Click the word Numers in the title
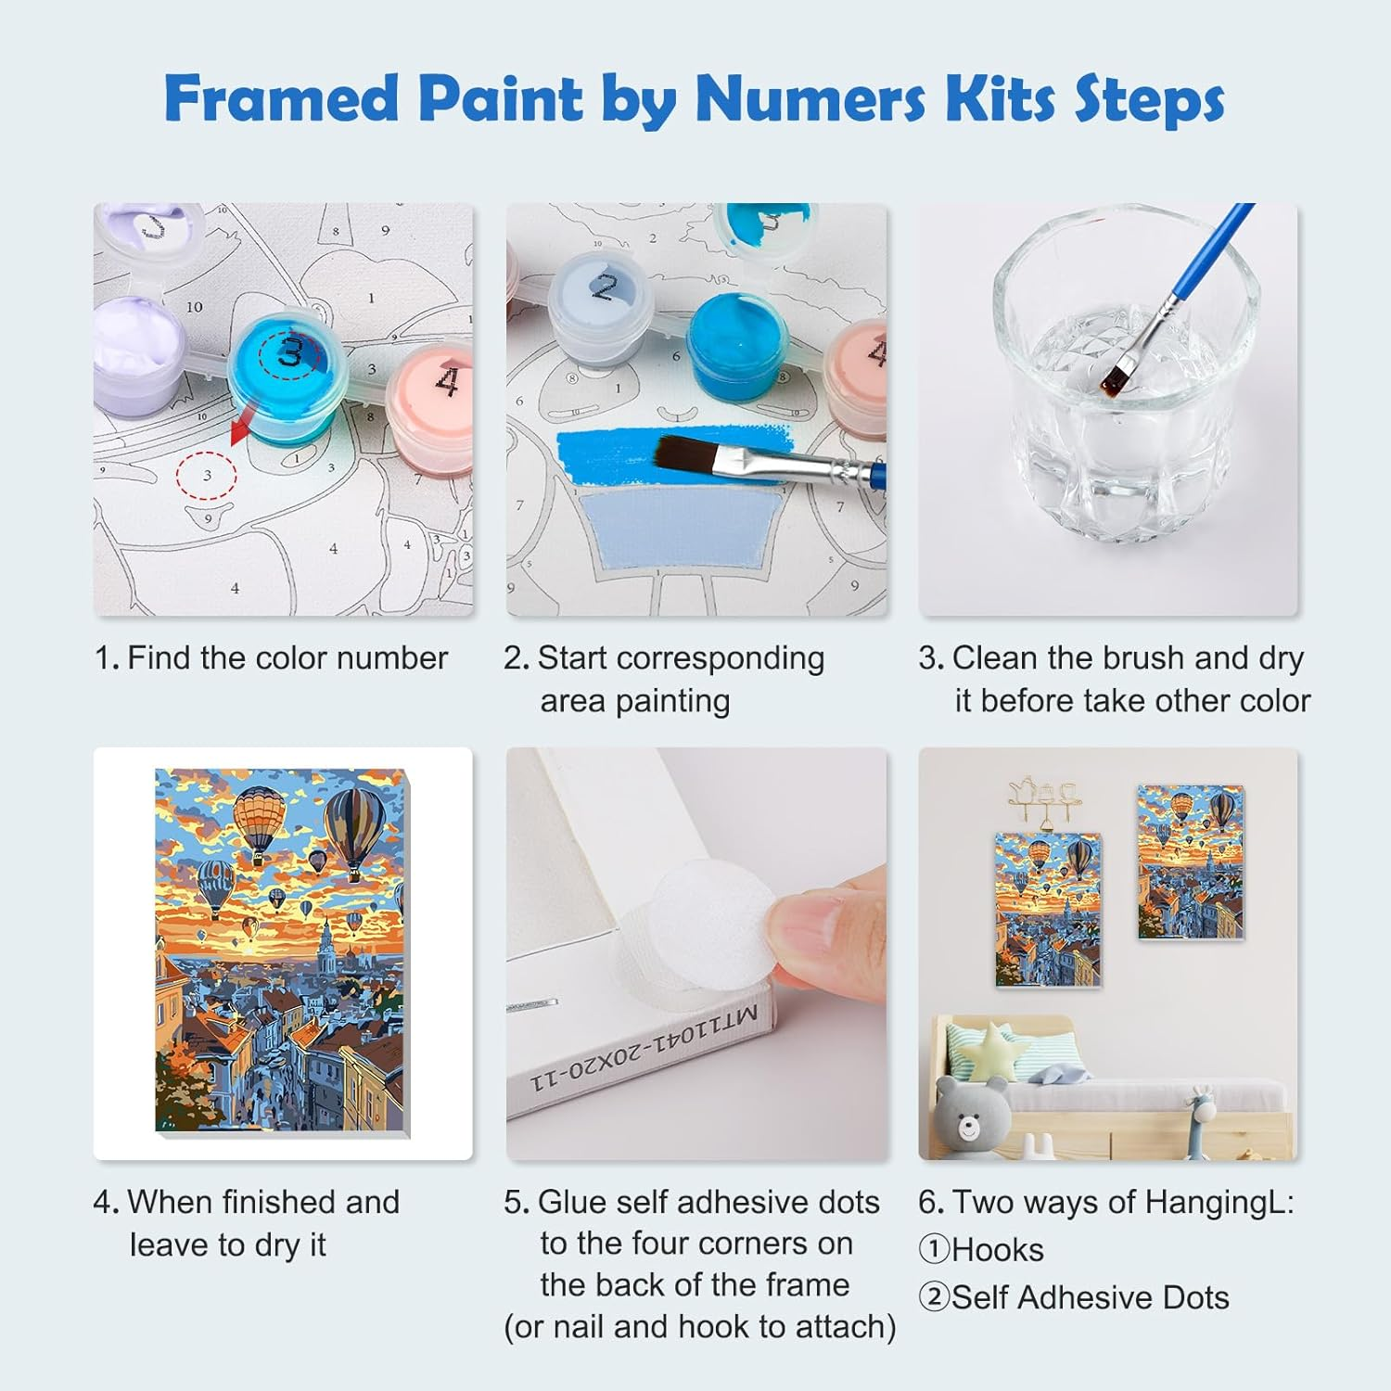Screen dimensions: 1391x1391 click(810, 98)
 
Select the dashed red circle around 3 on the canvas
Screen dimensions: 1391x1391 click(207, 476)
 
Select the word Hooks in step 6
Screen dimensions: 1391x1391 click(998, 1250)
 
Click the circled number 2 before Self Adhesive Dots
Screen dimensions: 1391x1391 click(934, 1297)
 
